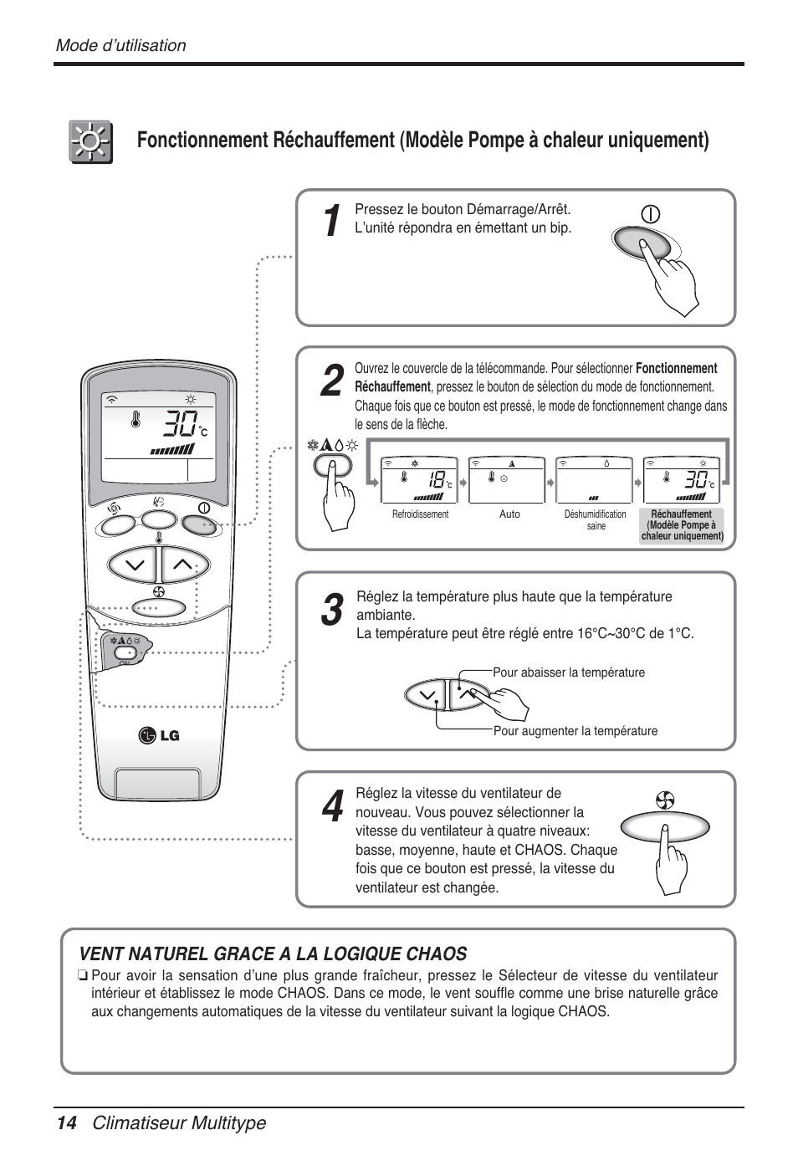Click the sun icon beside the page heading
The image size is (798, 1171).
pyautogui.click(x=90, y=142)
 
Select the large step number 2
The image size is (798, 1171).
pyautogui.click(x=331, y=381)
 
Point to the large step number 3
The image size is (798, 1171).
pyautogui.click(x=331, y=611)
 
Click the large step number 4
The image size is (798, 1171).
pyautogui.click(x=331, y=808)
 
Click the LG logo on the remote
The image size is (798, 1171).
pyautogui.click(x=159, y=735)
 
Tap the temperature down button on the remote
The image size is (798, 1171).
pyautogui.click(x=134, y=565)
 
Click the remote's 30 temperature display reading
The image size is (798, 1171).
pyautogui.click(x=181, y=424)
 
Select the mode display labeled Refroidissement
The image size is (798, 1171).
pyautogui.click(x=420, y=480)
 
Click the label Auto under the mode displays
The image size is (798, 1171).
pyautogui.click(x=509, y=514)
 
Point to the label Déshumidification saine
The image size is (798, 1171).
pyautogui.click(x=595, y=520)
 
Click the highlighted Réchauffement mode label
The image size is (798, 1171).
pyautogui.click(x=682, y=525)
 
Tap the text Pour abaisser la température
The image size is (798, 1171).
pyautogui.click(x=569, y=672)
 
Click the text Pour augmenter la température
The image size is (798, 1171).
pyautogui.click(x=575, y=731)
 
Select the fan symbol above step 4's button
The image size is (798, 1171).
pyautogui.click(x=665, y=800)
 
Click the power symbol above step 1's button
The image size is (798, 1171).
pyautogui.click(x=650, y=214)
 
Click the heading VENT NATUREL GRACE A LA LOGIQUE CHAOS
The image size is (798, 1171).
pyautogui.click(x=273, y=954)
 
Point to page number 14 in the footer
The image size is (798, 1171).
pyautogui.click(x=66, y=1123)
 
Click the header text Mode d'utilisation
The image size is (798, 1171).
pyautogui.click(x=120, y=46)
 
